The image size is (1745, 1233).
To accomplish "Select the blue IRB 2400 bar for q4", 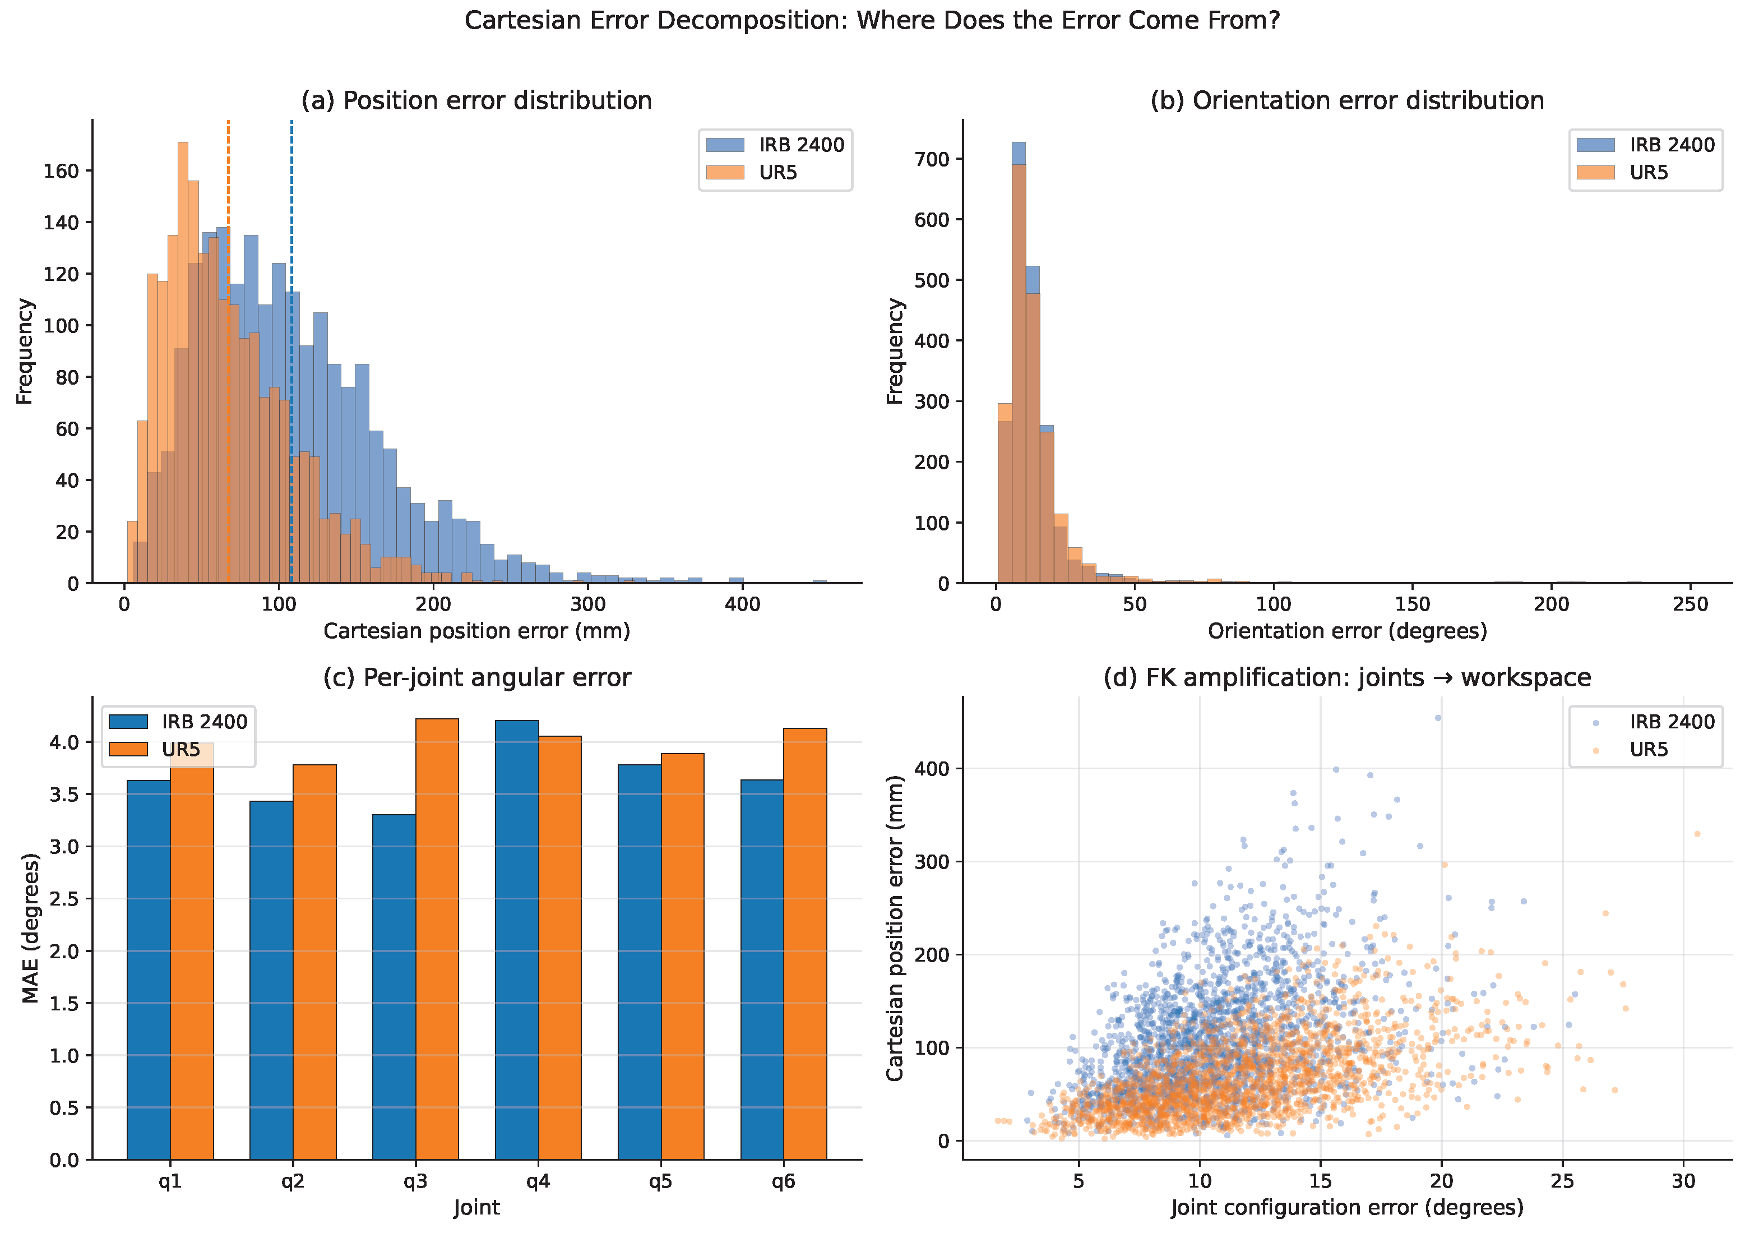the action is tap(517, 940).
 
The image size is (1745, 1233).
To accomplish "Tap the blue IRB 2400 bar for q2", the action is tap(271, 980).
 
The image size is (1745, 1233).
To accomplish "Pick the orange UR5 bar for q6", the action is tap(805, 944).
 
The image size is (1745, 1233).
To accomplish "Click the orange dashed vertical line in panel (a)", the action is tap(228, 351).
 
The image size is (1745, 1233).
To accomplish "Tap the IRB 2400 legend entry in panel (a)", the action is tap(775, 145).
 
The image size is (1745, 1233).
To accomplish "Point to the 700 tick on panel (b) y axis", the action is tap(933, 159).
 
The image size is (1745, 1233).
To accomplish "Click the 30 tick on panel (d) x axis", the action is tap(1683, 1180).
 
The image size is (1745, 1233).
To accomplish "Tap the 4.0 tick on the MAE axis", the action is tap(64, 742).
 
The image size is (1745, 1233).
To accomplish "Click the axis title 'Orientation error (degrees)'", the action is tap(1348, 631).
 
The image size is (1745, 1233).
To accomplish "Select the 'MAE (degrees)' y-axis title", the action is tap(30, 927).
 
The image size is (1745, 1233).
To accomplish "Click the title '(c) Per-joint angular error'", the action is tap(477, 677).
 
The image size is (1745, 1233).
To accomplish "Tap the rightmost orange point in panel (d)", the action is tap(1697, 834).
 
